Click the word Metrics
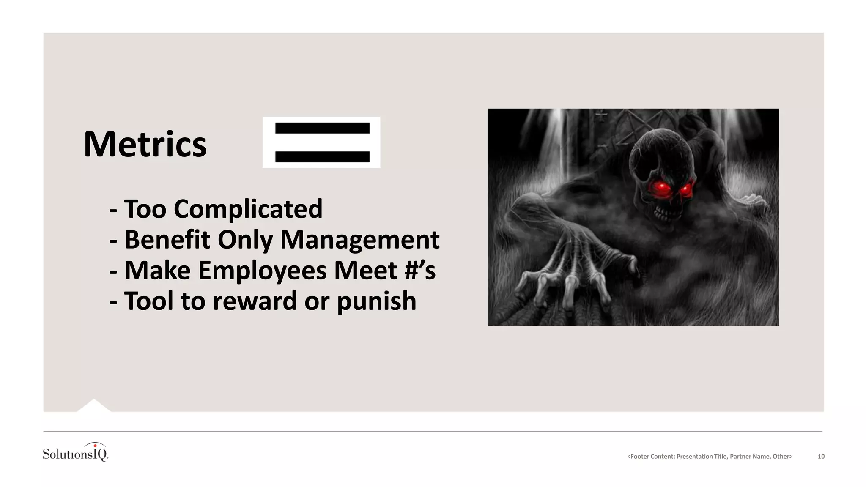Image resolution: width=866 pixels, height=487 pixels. (145, 145)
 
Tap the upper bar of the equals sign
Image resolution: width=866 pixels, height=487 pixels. (322, 128)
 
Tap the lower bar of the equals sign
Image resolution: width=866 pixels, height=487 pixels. (322, 157)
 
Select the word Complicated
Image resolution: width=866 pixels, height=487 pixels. (248, 209)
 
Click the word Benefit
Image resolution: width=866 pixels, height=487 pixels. (167, 240)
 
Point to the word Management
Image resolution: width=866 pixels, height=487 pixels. (360, 240)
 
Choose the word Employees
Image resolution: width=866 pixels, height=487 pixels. (262, 271)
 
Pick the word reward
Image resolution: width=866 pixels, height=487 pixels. (255, 301)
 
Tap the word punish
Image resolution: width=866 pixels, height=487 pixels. (377, 301)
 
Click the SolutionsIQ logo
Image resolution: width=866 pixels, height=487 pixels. (76, 452)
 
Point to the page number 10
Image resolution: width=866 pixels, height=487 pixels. (821, 457)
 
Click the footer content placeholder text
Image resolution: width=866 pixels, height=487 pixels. (710, 457)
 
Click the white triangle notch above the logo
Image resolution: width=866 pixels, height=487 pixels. (93, 405)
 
